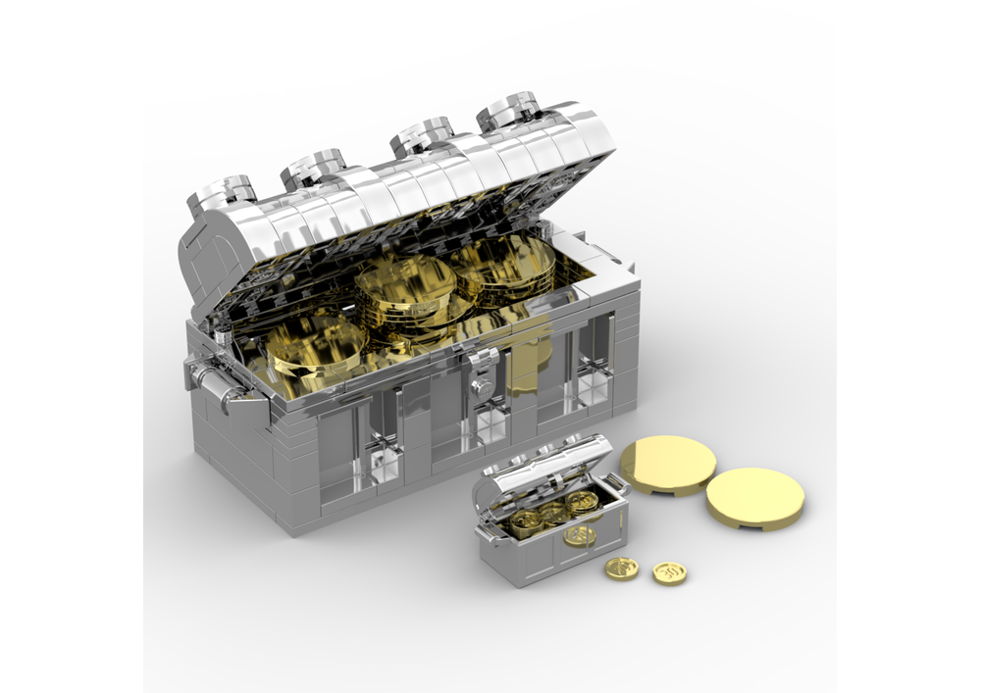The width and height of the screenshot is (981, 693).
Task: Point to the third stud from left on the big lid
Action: [423, 136]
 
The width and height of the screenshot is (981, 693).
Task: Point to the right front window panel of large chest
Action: [589, 358]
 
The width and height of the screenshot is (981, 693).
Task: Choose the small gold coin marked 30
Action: [669, 573]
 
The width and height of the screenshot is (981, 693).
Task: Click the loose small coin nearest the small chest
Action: [621, 569]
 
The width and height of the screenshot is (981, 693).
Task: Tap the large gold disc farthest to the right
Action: [754, 497]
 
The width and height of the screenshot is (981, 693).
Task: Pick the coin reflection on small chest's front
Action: [580, 535]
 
